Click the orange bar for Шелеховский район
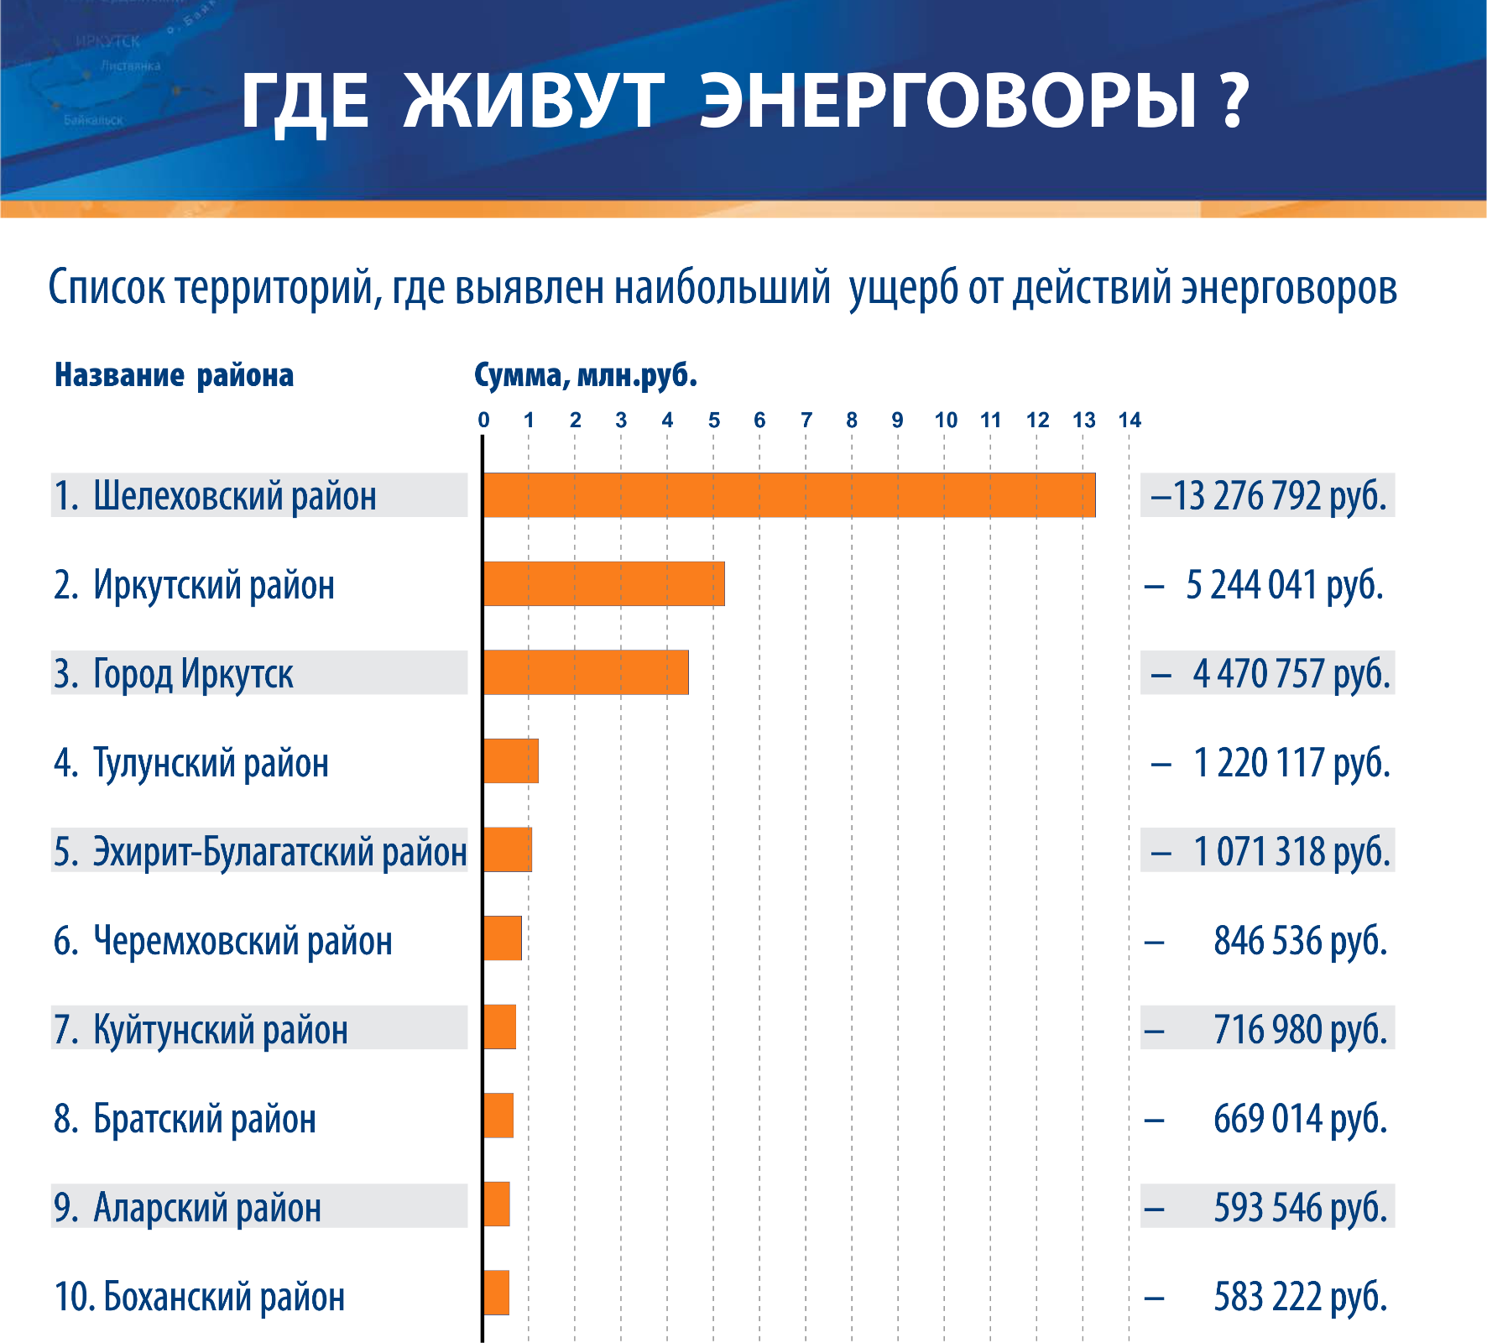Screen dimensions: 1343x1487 coord(789,495)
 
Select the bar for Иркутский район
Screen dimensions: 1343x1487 coord(604,584)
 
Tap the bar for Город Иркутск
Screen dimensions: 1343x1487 coord(586,672)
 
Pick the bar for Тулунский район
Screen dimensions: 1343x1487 coord(511,761)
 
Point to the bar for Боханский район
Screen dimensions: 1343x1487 coord(497,1293)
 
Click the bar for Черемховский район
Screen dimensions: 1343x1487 coord(503,938)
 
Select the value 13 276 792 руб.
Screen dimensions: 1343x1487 coord(1267,495)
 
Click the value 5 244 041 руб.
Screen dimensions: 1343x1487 coord(1284,585)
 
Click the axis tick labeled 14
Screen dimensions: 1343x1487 coord(1130,421)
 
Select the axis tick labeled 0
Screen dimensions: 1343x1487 coord(483,421)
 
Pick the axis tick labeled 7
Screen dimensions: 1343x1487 coord(806,421)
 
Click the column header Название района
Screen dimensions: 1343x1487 coord(174,375)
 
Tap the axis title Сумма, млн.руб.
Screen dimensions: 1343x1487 coord(586,375)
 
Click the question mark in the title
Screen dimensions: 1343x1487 coord(1232,101)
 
